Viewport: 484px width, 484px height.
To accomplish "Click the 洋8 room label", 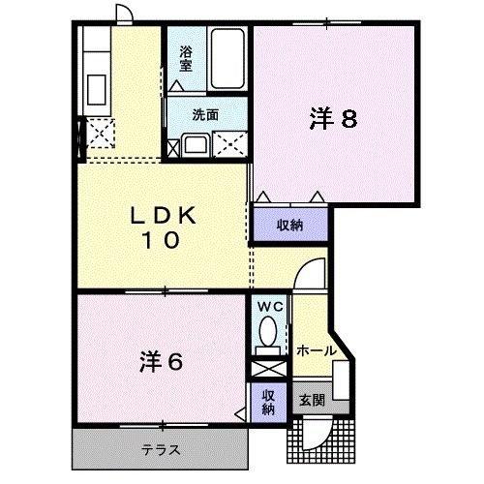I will (334, 119).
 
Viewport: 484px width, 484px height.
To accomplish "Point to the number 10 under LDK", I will (164, 242).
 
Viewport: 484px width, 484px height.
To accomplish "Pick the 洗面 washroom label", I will (204, 114).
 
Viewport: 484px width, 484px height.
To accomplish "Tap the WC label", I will (268, 307).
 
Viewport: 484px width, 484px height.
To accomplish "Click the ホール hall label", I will (316, 350).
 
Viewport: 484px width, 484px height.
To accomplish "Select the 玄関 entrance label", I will (311, 400).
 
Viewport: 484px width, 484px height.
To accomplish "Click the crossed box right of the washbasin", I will (230, 146).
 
